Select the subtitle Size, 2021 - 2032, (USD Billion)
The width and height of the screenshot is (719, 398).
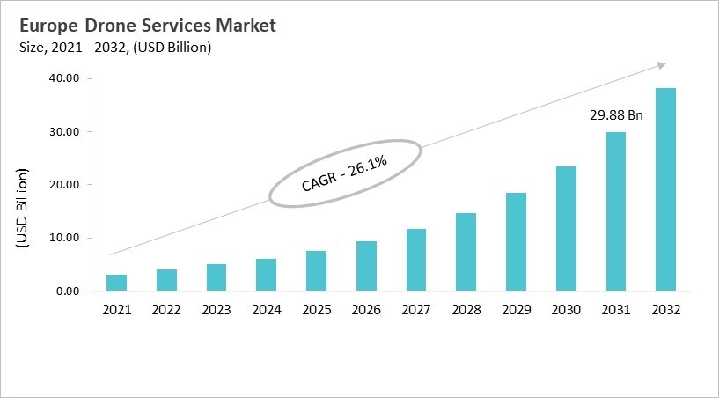[x=114, y=48]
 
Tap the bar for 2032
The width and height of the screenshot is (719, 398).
[x=665, y=189]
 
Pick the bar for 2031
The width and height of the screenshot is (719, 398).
[x=615, y=211]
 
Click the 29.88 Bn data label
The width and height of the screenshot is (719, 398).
[x=615, y=115]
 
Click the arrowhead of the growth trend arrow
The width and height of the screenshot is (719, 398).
[x=661, y=64]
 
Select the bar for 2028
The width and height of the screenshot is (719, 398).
[x=466, y=252]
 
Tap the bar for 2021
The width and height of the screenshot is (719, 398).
[x=116, y=283]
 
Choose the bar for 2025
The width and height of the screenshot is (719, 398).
[x=316, y=270]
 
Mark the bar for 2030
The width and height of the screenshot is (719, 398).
[x=565, y=228]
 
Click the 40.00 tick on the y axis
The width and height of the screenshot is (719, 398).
[x=63, y=79]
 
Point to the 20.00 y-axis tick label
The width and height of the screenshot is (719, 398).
[x=63, y=185]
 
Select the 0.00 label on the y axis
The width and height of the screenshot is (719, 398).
[x=67, y=291]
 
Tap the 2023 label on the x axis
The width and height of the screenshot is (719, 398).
[x=216, y=310]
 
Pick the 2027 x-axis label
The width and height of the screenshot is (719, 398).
[x=415, y=310]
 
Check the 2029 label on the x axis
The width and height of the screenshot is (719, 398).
[x=516, y=310]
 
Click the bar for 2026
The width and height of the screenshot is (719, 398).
[x=366, y=266]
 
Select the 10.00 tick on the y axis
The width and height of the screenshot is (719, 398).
[x=63, y=238]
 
